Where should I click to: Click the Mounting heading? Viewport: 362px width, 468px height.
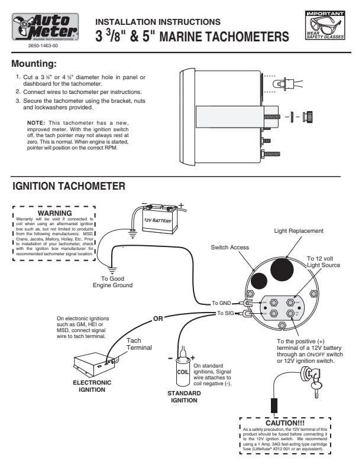[x=35, y=63]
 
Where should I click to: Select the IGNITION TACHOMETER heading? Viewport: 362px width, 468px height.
[x=69, y=186]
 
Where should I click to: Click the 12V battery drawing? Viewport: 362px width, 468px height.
[x=158, y=219]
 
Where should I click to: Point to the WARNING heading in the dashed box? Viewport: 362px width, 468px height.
[x=54, y=213]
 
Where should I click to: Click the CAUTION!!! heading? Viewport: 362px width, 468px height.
[x=285, y=423]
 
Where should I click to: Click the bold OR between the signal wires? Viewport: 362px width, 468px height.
[x=158, y=318]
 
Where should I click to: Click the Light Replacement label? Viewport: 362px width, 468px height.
[x=299, y=230]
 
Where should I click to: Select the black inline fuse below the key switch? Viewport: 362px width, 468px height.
[x=274, y=407]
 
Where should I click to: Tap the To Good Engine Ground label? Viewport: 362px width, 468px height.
[x=112, y=281]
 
